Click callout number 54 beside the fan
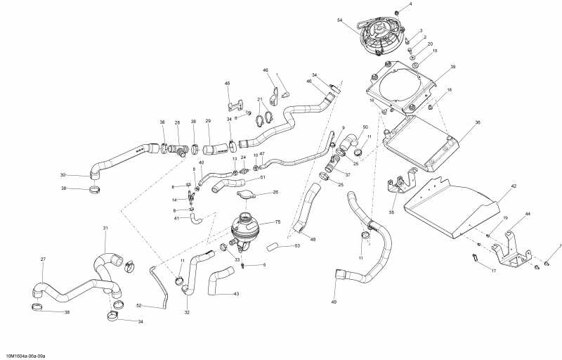339,20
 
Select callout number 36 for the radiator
478,122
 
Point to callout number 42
514,186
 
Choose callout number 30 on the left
63,175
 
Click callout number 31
105,228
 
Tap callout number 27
42,259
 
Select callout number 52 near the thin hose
138,305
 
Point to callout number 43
236,294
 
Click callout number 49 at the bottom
334,302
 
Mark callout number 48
313,240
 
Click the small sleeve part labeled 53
276,246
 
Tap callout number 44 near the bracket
528,213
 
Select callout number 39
453,67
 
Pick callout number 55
392,212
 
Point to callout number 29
208,122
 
